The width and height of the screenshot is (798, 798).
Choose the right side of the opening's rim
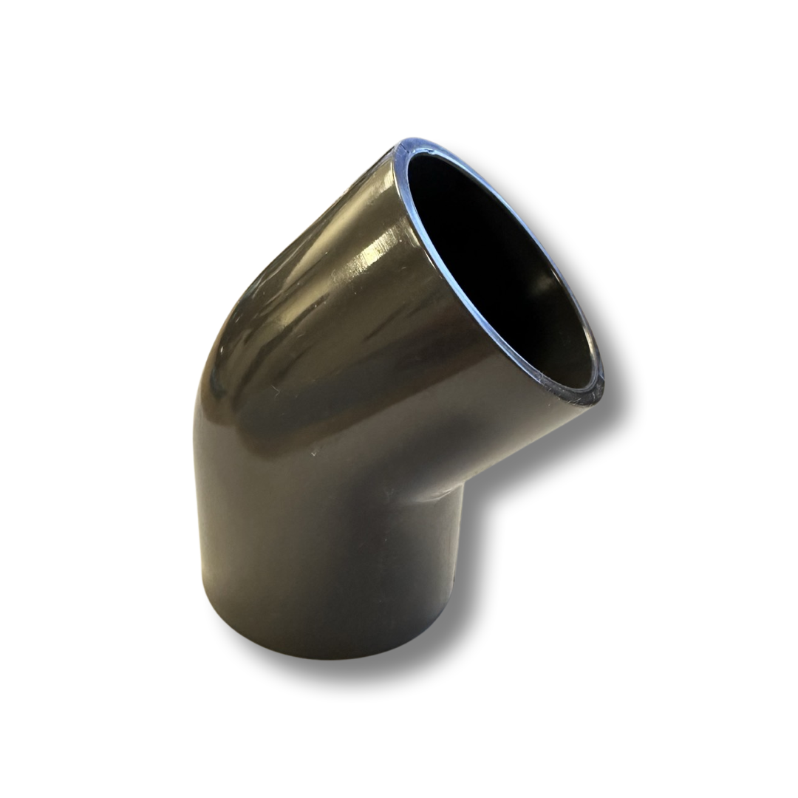point(584,318)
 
